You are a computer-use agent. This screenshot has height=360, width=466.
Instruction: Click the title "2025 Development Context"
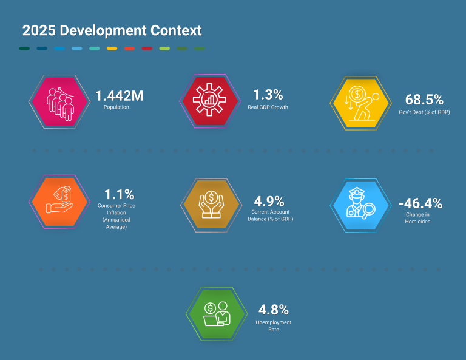point(112,30)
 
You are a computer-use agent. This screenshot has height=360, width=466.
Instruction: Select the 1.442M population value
point(120,95)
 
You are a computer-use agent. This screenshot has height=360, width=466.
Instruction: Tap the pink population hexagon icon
point(59,101)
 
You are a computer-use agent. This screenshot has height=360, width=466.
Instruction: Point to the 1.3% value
point(268,95)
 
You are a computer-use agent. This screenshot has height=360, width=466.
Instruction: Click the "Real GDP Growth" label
point(268,107)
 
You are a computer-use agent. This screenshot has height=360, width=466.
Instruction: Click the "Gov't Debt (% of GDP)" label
point(424,112)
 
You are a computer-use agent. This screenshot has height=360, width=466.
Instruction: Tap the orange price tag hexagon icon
point(59,202)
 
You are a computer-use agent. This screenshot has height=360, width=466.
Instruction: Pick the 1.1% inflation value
point(119,195)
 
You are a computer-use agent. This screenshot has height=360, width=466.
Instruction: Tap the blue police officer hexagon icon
point(360,205)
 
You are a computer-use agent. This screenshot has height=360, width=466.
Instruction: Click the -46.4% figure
point(420,203)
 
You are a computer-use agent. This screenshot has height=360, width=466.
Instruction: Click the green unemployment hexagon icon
point(216,313)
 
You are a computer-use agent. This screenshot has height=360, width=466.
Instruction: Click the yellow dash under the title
point(112,48)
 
